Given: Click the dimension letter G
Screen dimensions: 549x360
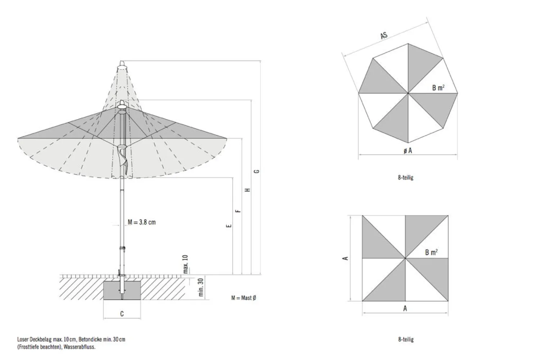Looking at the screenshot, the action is [x=257, y=171].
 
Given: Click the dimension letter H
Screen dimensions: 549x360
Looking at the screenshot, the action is [x=248, y=190].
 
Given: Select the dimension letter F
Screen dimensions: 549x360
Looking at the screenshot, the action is [x=238, y=211].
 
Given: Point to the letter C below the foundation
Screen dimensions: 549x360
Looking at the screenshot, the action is [x=122, y=314].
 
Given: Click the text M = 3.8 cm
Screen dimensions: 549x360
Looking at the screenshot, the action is [x=142, y=222].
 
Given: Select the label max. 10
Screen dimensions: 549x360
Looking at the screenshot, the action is [x=186, y=264].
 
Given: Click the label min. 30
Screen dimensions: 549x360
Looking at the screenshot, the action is [x=201, y=287].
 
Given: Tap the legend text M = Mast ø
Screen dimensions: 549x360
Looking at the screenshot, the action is [x=244, y=298].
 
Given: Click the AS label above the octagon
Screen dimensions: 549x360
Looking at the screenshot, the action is [x=384, y=36].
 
